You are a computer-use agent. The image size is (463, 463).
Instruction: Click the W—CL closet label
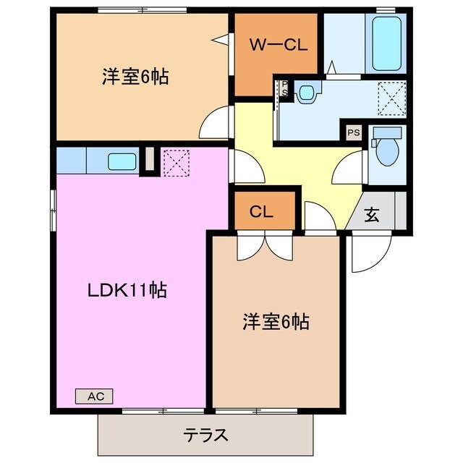coord(279,45)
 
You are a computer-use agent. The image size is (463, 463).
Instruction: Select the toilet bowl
coord(388,153)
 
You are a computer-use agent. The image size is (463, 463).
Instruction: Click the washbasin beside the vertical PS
coord(307,91)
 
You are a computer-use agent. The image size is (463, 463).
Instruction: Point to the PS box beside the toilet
coord(353,132)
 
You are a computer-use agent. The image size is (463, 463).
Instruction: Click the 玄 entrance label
coord(371,215)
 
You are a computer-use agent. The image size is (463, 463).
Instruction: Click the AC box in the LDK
coord(95,396)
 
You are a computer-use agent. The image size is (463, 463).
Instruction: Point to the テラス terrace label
coord(205,436)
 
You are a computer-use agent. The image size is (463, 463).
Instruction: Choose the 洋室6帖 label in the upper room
coord(135,76)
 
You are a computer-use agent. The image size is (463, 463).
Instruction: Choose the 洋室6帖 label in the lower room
coord(276,320)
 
